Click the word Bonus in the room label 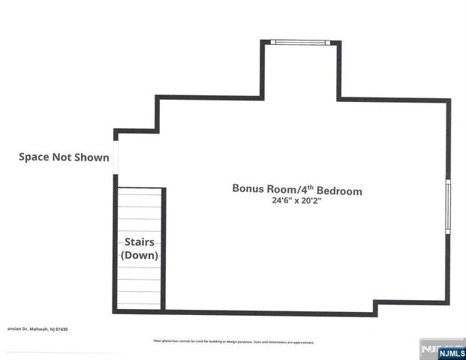[x=248, y=189]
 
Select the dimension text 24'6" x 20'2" [x=297, y=202]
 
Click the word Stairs [x=140, y=242]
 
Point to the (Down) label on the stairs [x=140, y=256]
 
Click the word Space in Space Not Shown [x=36, y=157]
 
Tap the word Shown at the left [x=92, y=157]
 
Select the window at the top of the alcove [x=300, y=42]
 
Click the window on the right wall [x=448, y=205]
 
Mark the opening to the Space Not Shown [x=116, y=157]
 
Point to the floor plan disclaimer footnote [x=233, y=342]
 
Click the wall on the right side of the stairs [x=164, y=247]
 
